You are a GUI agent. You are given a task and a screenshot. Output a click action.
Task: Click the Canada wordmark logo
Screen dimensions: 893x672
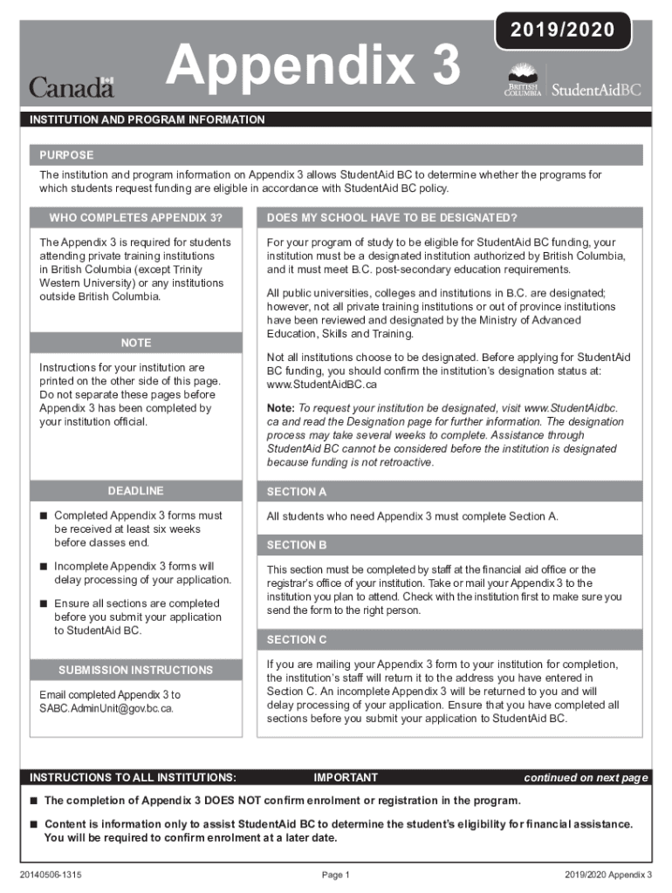click(x=72, y=86)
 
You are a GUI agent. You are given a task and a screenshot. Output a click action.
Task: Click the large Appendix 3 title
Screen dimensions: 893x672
click(x=313, y=67)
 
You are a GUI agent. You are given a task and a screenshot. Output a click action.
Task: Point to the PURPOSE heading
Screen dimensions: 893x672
click(x=66, y=155)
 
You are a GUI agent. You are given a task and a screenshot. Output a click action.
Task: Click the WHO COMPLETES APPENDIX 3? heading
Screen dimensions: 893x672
click(x=135, y=217)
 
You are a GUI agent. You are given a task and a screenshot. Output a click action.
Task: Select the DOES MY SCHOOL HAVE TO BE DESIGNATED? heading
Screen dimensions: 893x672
click(x=392, y=217)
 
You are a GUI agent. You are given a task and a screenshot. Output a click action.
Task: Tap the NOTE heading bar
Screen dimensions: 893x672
click(x=135, y=343)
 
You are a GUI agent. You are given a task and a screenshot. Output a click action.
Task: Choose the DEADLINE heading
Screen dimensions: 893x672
click(x=135, y=491)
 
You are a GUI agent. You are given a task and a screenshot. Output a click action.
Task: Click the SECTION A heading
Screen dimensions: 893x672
click(x=297, y=492)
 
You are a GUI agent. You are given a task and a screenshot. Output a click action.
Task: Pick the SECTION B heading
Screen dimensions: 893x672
click(x=297, y=545)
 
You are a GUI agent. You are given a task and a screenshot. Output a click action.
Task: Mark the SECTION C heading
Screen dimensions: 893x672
click(x=297, y=640)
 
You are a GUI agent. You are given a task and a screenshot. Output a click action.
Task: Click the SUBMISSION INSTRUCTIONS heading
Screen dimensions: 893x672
click(x=135, y=670)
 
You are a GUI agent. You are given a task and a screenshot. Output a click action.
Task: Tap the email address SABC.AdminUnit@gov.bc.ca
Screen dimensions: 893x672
click(x=106, y=708)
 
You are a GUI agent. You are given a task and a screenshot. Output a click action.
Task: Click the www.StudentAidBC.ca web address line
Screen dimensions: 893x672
click(x=322, y=384)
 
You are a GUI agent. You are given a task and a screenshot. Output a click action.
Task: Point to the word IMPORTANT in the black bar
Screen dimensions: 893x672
click(x=346, y=777)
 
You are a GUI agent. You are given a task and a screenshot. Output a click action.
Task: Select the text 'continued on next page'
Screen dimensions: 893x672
click(x=586, y=777)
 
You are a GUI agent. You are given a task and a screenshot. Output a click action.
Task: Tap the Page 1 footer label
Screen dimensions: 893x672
click(x=335, y=875)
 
